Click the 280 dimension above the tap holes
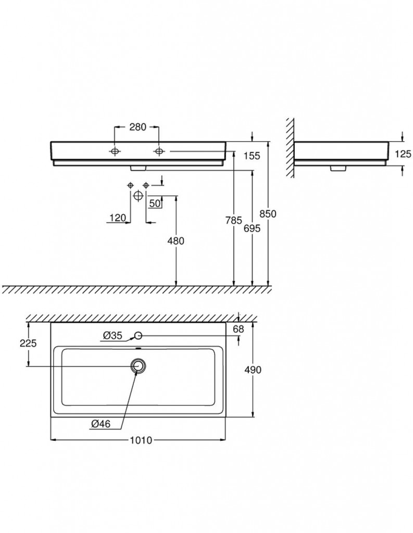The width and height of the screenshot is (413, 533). click(137, 127)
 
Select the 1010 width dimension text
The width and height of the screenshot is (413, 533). click(141, 440)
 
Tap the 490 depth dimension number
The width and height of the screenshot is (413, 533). click(253, 370)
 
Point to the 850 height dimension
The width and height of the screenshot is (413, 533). click(268, 214)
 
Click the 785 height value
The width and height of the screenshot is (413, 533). click(234, 220)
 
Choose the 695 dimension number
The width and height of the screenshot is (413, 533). click(252, 229)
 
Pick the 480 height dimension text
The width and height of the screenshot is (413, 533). click(176, 241)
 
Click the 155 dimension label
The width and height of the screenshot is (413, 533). click(252, 156)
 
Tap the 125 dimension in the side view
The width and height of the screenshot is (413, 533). click(403, 154)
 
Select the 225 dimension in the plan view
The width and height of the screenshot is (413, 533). click(28, 344)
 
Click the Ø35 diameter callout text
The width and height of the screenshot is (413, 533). click(112, 336)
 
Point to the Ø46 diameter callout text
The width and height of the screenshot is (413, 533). click(101, 424)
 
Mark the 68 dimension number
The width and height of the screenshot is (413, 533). click(239, 329)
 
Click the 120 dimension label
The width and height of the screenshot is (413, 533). click(118, 218)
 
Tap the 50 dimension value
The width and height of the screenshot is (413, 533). click(155, 204)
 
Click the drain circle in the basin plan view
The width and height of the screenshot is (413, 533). click(138, 366)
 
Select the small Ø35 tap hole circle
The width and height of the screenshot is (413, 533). click(138, 336)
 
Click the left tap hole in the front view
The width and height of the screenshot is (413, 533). click(115, 151)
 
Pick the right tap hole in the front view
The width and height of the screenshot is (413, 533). click(158, 151)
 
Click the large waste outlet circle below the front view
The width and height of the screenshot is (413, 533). click(138, 196)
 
